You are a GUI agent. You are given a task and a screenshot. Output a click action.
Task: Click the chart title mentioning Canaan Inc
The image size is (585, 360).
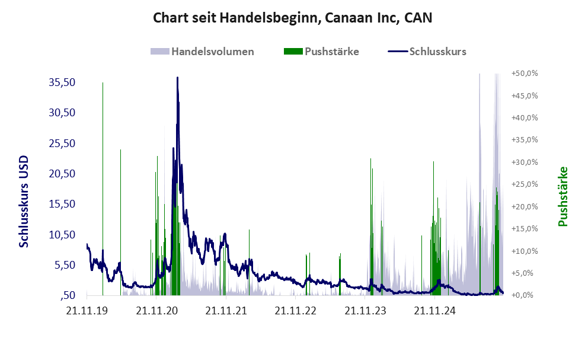pos(292,17)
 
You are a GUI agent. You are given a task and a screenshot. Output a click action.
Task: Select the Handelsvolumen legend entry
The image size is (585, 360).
pos(213,51)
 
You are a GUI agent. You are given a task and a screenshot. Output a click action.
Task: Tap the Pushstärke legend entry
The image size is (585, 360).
pos(332,51)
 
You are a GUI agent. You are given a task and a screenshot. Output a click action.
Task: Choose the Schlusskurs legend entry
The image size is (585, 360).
pos(437,51)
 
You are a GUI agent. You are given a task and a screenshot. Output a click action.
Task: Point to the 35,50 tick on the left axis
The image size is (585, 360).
pos(62,82)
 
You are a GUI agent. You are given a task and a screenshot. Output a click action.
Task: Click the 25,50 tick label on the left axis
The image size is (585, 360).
pos(62,144)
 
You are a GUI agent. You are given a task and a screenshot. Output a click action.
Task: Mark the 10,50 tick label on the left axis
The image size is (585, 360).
pos(62,235)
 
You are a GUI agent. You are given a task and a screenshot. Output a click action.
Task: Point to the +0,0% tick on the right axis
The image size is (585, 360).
pos(526,295)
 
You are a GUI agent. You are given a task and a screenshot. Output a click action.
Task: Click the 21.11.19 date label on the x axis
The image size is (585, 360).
pos(87,310)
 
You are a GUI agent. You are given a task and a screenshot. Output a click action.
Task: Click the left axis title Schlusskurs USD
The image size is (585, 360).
pos(24,202)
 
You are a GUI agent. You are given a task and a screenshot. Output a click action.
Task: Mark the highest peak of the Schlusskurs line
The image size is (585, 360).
pos(177,78)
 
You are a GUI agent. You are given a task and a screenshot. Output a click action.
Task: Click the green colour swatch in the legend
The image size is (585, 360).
pos(293,51)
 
